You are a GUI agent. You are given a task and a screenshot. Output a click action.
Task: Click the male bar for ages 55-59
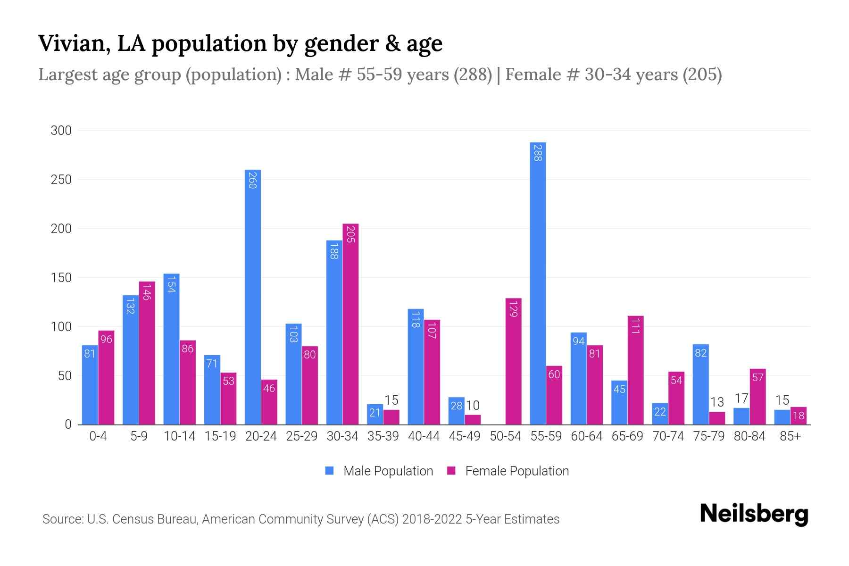click(538, 283)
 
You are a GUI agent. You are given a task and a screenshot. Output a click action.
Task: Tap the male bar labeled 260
click(253, 297)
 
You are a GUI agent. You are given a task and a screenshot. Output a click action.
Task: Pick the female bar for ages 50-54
click(513, 361)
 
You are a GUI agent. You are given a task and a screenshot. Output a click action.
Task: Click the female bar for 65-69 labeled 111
click(635, 370)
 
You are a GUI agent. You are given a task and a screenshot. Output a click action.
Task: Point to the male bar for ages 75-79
click(700, 384)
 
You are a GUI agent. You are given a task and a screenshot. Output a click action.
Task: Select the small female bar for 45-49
click(473, 419)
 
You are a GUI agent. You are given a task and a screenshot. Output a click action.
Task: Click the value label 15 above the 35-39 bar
click(391, 400)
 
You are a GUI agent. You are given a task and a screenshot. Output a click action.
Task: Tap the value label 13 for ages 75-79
click(717, 402)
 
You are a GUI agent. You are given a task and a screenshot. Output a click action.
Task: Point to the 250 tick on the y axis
click(61, 180)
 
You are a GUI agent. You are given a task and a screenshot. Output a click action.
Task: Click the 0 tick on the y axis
click(68, 424)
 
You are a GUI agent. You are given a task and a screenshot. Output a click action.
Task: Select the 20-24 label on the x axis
click(261, 436)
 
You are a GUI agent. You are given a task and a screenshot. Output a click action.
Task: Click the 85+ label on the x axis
click(790, 436)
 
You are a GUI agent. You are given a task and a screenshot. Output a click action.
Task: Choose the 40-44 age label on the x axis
click(424, 436)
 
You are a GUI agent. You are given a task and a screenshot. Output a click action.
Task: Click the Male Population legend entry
click(388, 471)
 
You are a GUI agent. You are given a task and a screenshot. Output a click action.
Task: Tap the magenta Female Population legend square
click(451, 471)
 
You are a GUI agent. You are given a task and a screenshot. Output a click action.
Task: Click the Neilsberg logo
click(754, 514)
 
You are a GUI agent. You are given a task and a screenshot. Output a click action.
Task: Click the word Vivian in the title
click(72, 43)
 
